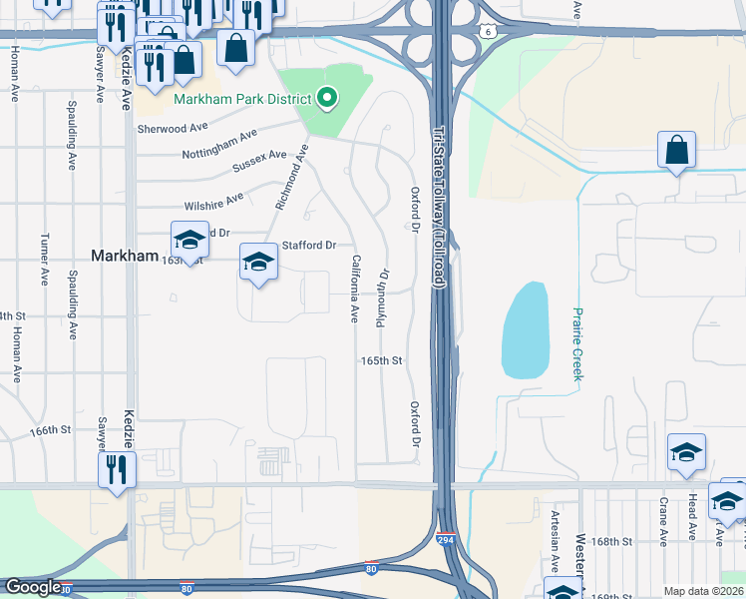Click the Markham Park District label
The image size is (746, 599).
tap(242, 98)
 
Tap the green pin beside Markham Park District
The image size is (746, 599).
tap(326, 98)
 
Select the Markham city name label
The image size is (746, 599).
tap(125, 256)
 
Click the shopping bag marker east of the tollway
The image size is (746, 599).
tap(676, 151)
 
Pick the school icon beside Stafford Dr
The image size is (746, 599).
tap(258, 263)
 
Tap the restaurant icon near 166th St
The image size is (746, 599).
tap(116, 468)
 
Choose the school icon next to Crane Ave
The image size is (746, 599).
tap(686, 452)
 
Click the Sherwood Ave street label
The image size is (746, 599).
tap(173, 129)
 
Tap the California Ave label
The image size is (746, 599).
tap(354, 289)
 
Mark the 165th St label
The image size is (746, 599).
tap(381, 360)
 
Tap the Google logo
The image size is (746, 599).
tap(32, 588)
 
